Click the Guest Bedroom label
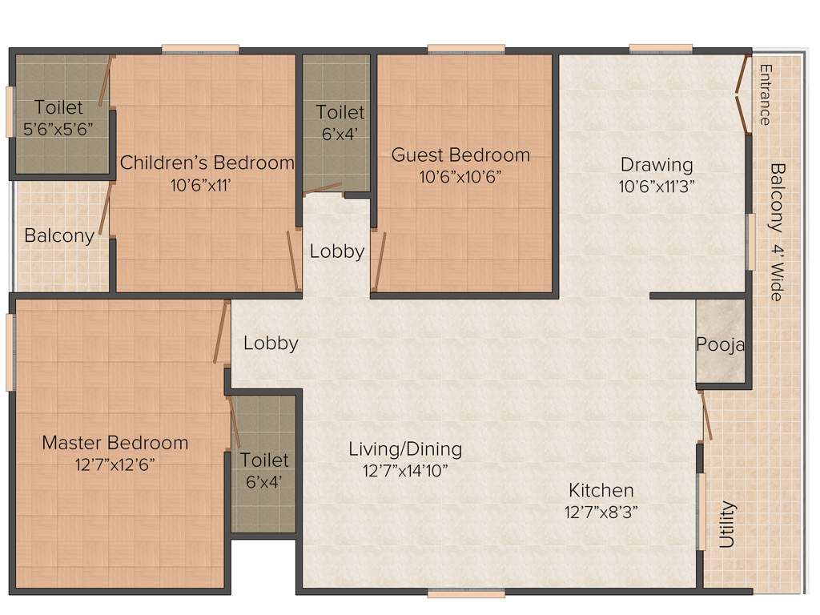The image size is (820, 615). [460, 155]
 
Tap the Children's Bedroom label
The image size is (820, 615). [207, 163]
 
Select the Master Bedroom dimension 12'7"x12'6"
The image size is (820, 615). [115, 464]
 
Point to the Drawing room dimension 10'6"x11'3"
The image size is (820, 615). [657, 187]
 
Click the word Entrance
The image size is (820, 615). [765, 94]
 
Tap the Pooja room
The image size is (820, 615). [720, 345]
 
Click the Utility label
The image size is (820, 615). [726, 525]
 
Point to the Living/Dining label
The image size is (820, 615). [405, 448]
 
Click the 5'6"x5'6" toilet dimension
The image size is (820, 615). [58, 127]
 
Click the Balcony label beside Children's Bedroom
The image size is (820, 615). [59, 235]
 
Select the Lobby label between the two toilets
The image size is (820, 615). [337, 251]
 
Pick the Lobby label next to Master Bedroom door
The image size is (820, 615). [271, 343]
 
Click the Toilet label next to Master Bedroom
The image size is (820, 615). [264, 460]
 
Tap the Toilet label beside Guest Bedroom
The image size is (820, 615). [340, 112]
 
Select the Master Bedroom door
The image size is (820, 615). [221, 333]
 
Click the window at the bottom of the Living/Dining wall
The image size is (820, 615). [466, 593]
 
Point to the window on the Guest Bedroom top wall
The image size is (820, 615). [466, 49]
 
